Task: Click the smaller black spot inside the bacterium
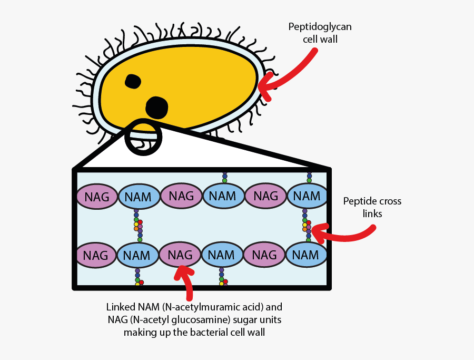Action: point(133,81)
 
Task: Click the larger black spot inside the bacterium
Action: point(156,108)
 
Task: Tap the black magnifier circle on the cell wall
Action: point(143,137)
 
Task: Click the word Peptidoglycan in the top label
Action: point(312,28)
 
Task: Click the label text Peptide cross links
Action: point(372,207)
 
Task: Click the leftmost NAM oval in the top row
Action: point(139,197)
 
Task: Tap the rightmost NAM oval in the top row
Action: point(307,196)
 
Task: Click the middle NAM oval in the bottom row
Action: point(221,255)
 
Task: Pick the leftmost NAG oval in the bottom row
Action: point(95,256)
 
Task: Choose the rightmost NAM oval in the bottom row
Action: point(305,255)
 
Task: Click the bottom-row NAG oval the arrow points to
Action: point(180,255)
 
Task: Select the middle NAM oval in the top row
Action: point(222,196)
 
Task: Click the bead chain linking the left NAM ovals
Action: point(138,226)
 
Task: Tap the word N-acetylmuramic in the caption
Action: point(199,307)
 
